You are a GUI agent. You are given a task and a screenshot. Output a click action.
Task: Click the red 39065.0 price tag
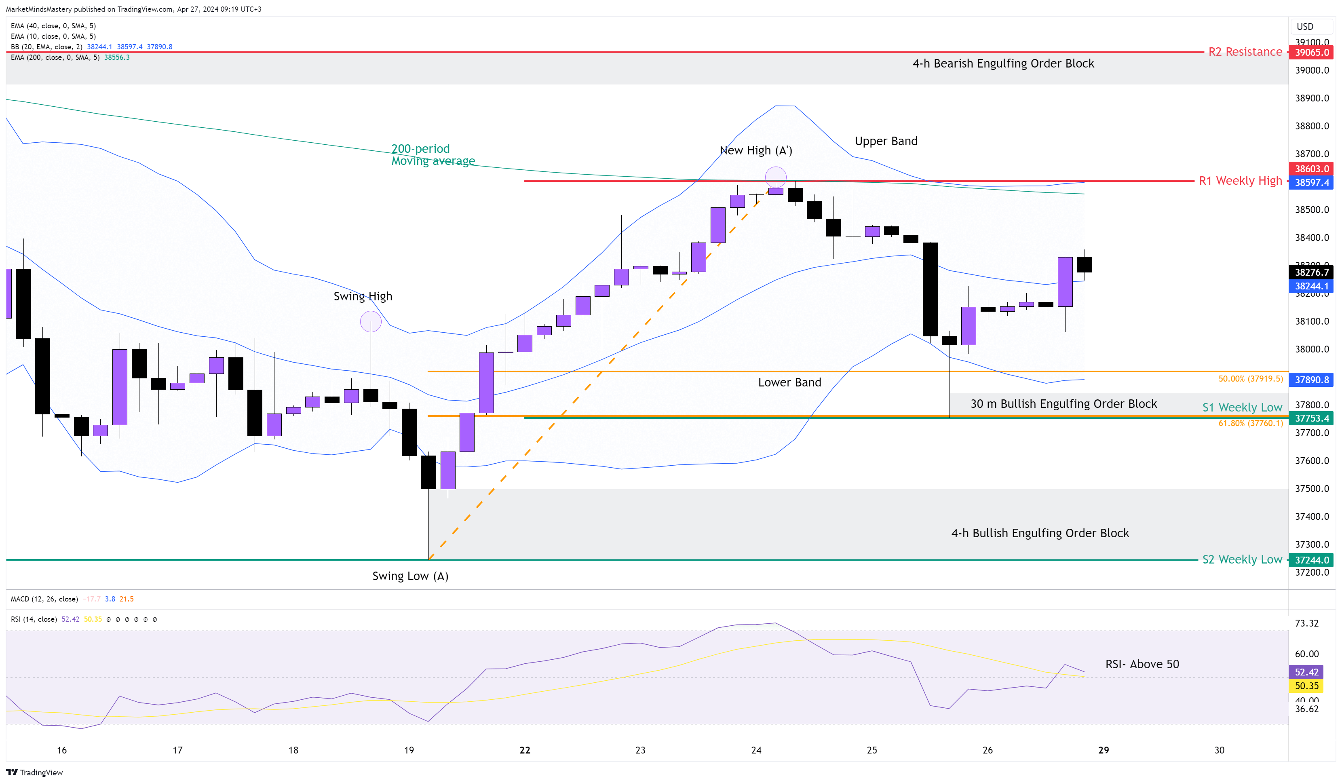(1311, 52)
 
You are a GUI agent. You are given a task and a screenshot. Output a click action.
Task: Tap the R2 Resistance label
(1245, 52)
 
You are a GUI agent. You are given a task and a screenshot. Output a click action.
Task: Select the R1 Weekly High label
(1240, 181)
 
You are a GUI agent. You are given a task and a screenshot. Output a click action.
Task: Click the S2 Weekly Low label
(1241, 559)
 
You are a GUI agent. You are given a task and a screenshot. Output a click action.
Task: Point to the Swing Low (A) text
(410, 576)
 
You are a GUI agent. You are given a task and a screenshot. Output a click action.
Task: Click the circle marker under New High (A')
(775, 176)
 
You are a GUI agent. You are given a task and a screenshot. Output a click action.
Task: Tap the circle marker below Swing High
(371, 321)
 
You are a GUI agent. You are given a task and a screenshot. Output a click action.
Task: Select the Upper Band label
(886, 141)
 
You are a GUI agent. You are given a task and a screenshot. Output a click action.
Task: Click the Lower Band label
(789, 382)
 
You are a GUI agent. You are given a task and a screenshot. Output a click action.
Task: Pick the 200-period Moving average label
(433, 154)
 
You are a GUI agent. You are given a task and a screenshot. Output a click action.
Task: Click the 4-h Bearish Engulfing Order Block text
(1003, 63)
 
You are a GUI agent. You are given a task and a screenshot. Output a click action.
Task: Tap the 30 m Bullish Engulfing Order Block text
(1063, 404)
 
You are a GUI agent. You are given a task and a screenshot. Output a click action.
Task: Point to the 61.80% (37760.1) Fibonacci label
(1250, 424)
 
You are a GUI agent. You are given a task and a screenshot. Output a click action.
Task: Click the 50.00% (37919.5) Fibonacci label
(1250, 379)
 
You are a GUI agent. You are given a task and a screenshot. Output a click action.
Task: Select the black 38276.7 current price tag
(1311, 272)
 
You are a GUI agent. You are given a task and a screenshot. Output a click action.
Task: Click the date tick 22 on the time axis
(525, 750)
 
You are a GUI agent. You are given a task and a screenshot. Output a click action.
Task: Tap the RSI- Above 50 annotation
(1142, 664)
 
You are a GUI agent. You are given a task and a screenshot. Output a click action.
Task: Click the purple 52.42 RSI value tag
(1306, 672)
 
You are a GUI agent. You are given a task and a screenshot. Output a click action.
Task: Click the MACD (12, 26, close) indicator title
(44, 599)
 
